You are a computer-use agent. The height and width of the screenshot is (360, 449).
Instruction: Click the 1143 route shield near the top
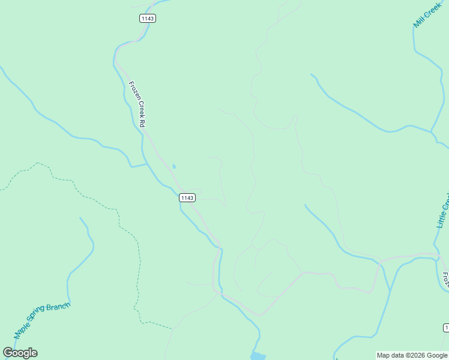[148, 19]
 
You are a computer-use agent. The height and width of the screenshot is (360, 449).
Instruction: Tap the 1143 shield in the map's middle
[187, 197]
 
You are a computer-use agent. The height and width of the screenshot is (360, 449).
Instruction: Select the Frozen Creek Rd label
[137, 103]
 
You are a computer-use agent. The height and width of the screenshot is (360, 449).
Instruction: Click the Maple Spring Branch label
[42, 319]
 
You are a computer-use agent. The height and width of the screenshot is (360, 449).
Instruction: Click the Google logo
[20, 353]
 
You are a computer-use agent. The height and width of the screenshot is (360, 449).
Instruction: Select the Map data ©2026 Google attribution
[412, 355]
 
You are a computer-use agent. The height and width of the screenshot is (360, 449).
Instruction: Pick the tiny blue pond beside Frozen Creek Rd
[174, 166]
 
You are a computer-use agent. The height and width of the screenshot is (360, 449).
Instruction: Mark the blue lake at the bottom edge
[258, 356]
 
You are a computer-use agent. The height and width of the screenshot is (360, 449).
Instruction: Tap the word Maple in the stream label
[22, 329]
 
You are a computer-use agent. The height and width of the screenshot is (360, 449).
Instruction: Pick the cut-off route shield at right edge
[446, 327]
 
